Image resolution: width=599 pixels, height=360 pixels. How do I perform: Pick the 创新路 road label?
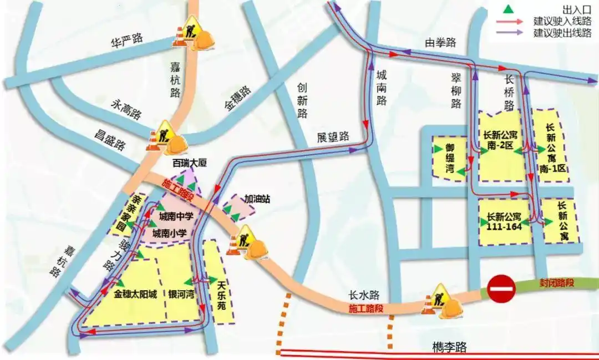click(302, 100)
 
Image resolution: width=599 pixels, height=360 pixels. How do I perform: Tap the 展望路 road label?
click(333, 136)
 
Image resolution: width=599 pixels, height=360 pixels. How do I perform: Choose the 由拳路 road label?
click(440, 42)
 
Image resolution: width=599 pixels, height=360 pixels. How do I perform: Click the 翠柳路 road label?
click(456, 89)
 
